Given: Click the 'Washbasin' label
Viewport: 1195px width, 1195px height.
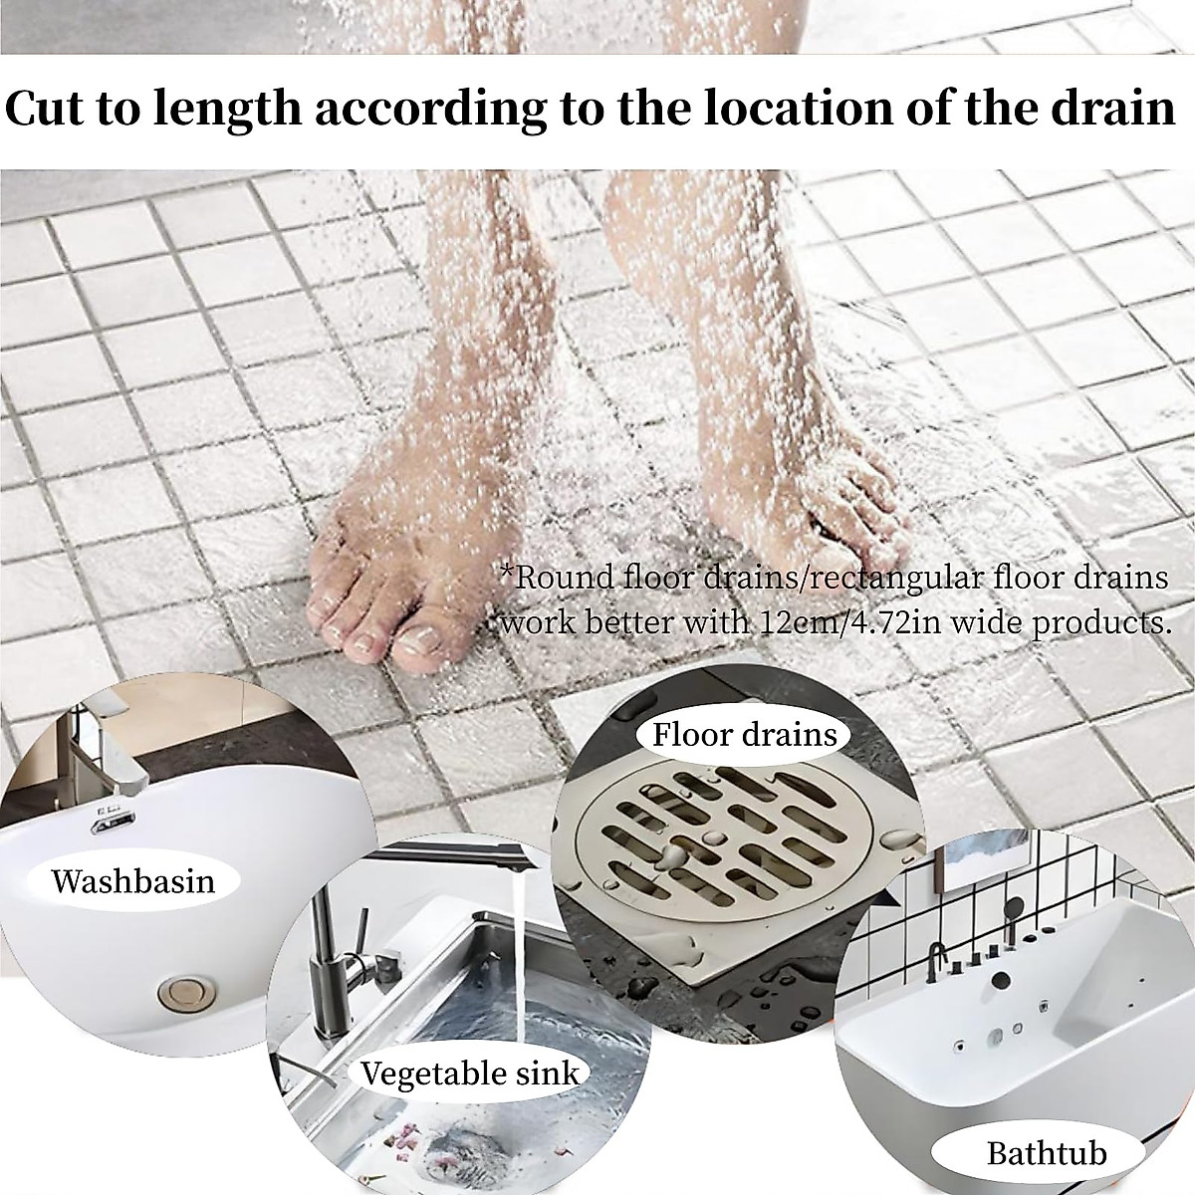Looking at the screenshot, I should pyautogui.click(x=132, y=880).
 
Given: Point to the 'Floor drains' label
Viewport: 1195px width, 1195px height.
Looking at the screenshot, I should pyautogui.click(x=744, y=735).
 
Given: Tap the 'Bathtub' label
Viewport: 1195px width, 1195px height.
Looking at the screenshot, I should pyautogui.click(x=1047, y=1153).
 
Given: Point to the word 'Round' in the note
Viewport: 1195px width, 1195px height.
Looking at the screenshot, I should pyautogui.click(x=552, y=579).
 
